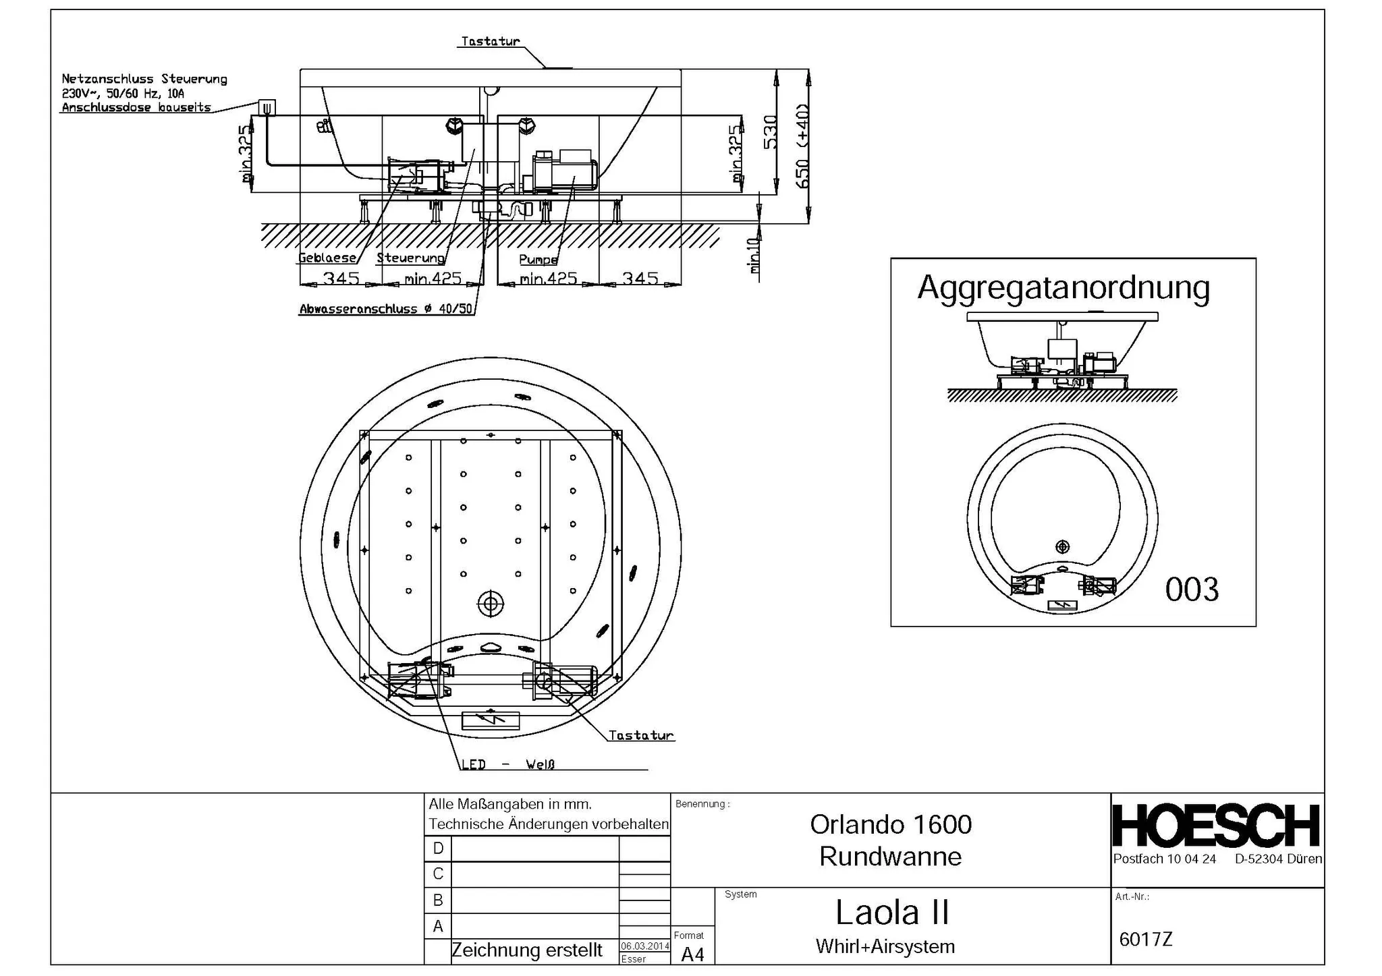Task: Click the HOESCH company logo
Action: (1216, 826)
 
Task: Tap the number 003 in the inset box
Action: (1192, 590)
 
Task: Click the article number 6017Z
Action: (1145, 939)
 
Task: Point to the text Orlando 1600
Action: (890, 824)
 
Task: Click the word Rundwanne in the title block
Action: (890, 857)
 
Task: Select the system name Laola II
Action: (891, 913)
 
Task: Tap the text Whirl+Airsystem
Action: (885, 946)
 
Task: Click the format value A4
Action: (692, 954)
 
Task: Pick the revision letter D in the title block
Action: (438, 849)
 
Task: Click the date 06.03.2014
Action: (644, 946)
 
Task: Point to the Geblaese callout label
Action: (327, 258)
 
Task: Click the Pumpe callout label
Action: (538, 260)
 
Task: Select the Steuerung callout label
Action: (410, 258)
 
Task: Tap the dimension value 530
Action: (770, 132)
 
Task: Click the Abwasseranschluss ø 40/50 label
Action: (385, 309)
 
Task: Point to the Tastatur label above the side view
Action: (491, 41)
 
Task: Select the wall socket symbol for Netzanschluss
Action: (267, 107)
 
